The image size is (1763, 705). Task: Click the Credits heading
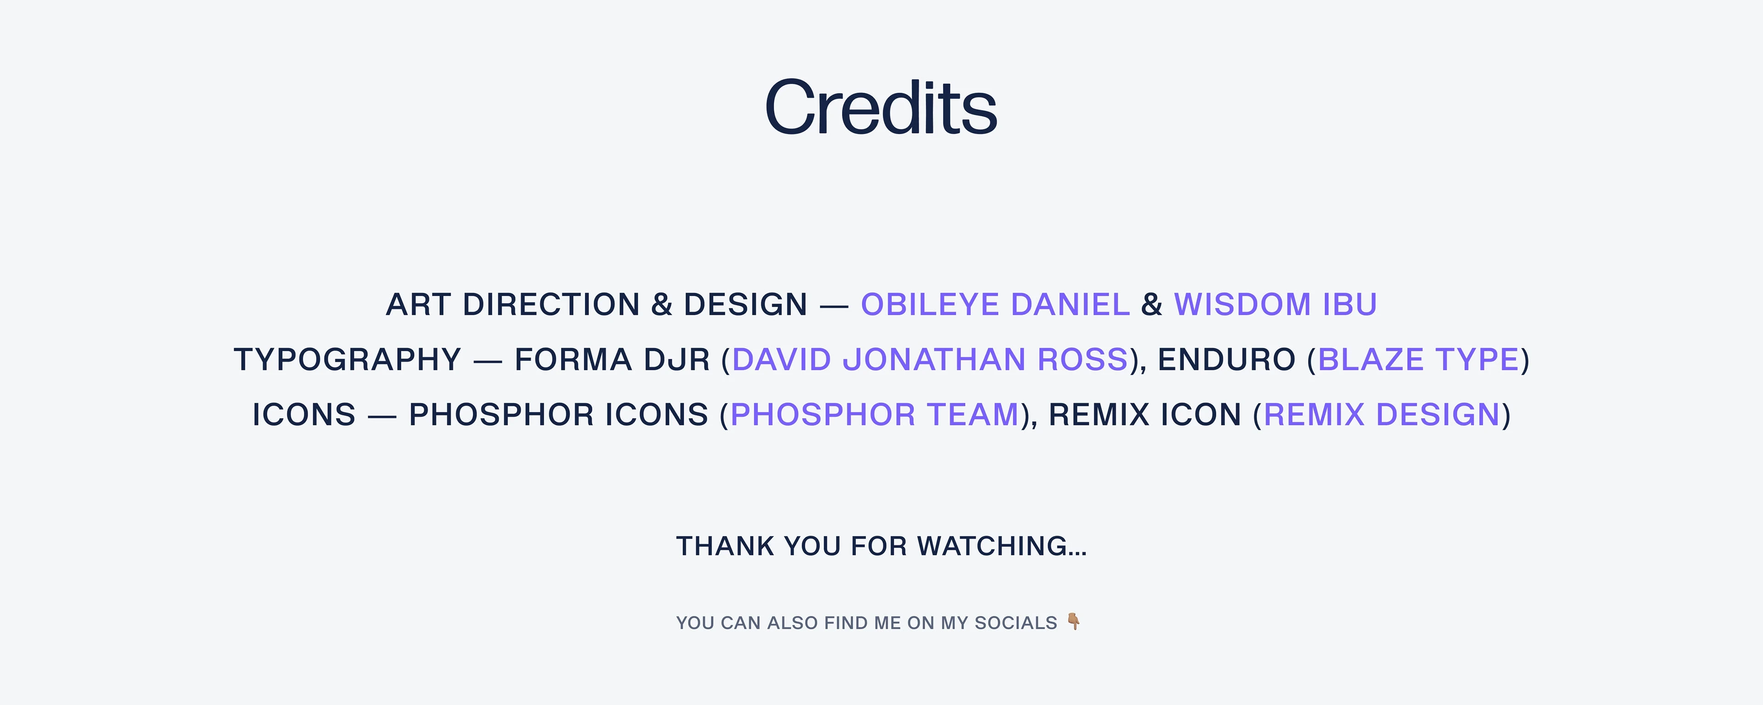881,107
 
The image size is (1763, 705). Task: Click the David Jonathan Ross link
929,360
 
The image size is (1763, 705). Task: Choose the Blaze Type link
1418,360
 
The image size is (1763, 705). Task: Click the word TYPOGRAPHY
348,360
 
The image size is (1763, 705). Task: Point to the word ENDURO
1226,360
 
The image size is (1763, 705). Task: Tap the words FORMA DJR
612,360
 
